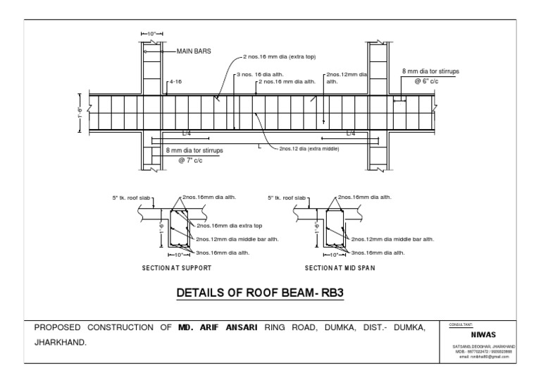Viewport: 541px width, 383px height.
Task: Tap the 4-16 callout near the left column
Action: (175, 82)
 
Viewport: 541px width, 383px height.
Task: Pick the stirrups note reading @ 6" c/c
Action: (427, 82)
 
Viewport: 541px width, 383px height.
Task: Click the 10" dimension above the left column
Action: (151, 33)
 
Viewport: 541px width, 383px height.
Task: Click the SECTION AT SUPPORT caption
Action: (176, 268)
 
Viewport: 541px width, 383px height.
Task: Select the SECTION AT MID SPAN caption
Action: (339, 268)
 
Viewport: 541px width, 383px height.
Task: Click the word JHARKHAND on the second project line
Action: (61, 342)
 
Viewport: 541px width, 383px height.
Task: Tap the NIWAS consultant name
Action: (480, 336)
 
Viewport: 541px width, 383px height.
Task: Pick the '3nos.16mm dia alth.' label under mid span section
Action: (378, 252)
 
